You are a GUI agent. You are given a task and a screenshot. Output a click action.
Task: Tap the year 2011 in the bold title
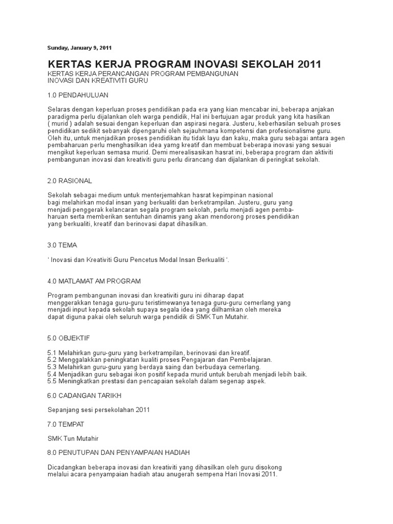pos(305,64)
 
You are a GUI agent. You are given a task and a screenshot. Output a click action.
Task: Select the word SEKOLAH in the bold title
pos(260,64)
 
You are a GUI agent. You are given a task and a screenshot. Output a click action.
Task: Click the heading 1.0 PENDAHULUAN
pos(78,95)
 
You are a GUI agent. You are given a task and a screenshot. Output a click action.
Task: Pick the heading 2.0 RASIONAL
pos(70,181)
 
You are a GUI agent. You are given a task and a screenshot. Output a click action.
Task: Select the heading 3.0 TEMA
pos(62,245)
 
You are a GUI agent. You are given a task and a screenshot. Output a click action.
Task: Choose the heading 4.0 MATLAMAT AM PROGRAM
pos(94,281)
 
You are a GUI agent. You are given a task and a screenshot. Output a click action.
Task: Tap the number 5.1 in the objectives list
pos(52,353)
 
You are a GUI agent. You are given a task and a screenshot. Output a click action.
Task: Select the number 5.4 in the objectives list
pos(52,375)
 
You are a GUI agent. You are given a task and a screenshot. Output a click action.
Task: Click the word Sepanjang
pos(63,410)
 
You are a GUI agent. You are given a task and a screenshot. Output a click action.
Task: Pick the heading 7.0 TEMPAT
pos(65,425)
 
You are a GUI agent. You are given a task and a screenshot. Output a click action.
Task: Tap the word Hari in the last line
pos(228,475)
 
